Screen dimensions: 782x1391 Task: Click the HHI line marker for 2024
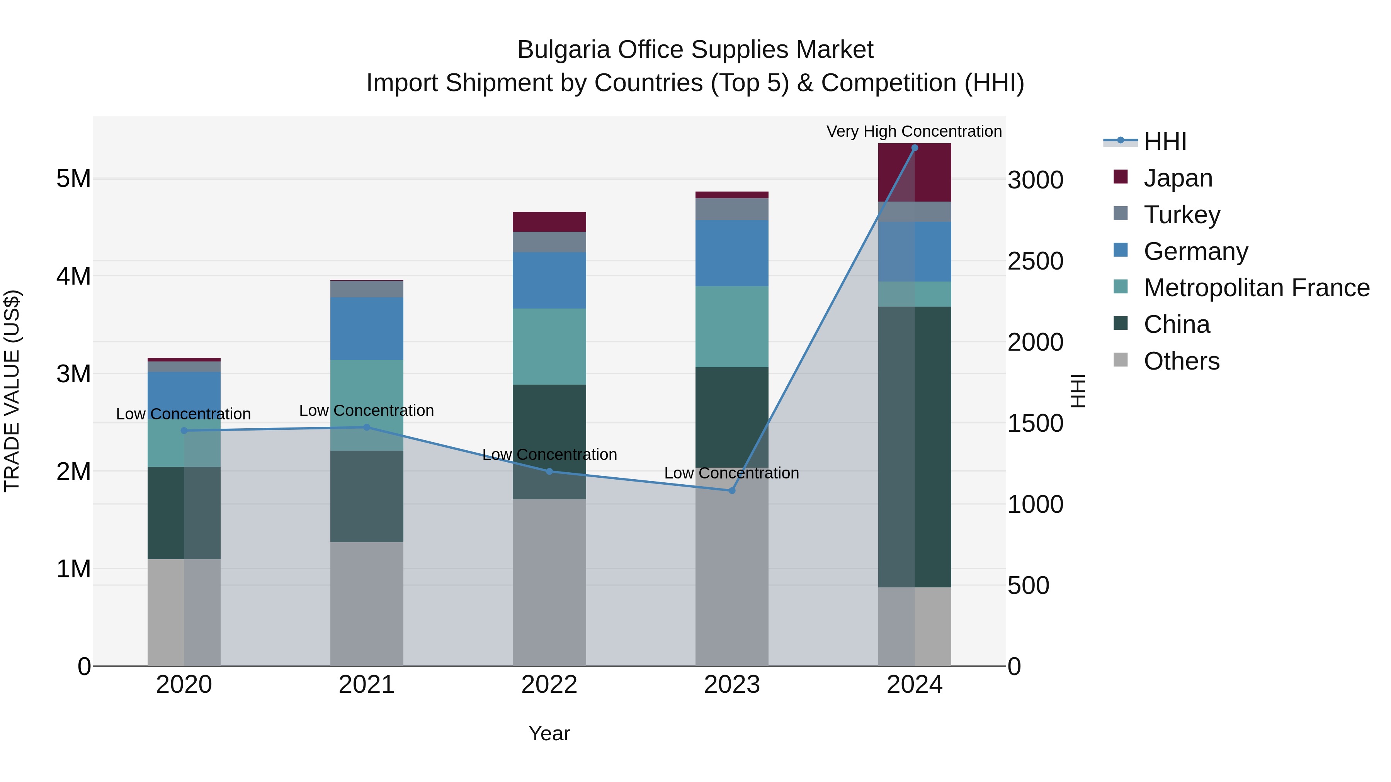[914, 148]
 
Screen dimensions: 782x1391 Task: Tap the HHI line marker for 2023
[732, 490]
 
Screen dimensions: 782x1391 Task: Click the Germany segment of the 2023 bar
[732, 253]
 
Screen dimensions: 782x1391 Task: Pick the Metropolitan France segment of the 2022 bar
[549, 346]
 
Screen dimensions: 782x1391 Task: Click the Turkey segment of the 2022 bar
[549, 242]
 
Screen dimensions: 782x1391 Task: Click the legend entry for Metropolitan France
[1256, 288]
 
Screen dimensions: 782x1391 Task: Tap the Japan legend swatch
[1121, 177]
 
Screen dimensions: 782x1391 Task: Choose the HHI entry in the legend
[1165, 141]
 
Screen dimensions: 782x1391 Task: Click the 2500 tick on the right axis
[1035, 261]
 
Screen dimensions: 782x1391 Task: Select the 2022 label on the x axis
[549, 685]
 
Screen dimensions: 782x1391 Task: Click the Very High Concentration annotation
[914, 131]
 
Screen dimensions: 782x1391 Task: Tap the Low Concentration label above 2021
[366, 411]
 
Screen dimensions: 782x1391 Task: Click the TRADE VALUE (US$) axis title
[12, 391]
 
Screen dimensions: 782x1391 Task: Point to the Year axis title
[549, 733]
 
